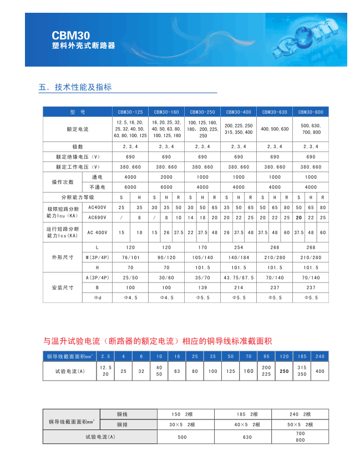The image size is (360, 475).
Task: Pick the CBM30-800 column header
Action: pyautogui.click(x=311, y=112)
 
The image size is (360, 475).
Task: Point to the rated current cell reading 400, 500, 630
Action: pyautogui.click(x=275, y=129)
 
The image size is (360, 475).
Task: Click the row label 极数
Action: pyautogui.click(x=78, y=146)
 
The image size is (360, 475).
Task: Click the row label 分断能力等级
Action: pyautogui.click(x=78, y=197)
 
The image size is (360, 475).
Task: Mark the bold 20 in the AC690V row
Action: pyautogui.click(x=299, y=217)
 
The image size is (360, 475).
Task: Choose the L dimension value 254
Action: pyautogui.click(x=239, y=247)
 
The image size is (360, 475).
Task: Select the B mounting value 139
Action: pyautogui.click(x=202, y=287)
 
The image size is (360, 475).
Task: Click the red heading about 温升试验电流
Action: pyautogui.click(x=158, y=340)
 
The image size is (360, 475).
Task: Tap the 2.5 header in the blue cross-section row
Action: pyautogui.click(x=106, y=356)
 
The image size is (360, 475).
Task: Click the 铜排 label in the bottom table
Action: pyautogui.click(x=123, y=425)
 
